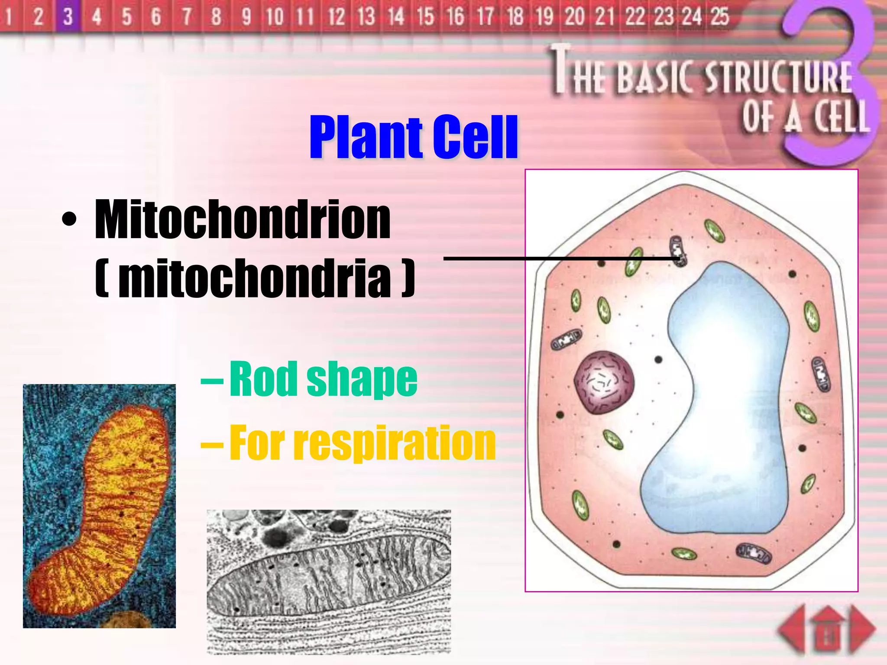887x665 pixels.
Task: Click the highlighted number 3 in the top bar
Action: point(68,17)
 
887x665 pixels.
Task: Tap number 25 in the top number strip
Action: point(719,17)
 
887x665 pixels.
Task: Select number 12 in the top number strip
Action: point(336,17)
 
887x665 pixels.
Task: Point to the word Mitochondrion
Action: point(243,220)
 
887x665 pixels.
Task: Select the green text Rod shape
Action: point(323,379)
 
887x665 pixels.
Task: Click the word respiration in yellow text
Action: point(394,443)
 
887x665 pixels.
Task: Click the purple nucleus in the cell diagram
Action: point(604,382)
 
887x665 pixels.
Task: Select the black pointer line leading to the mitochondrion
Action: point(559,258)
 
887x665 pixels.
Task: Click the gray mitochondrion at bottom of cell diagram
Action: point(754,553)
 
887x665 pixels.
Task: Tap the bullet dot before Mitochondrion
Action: point(69,220)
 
